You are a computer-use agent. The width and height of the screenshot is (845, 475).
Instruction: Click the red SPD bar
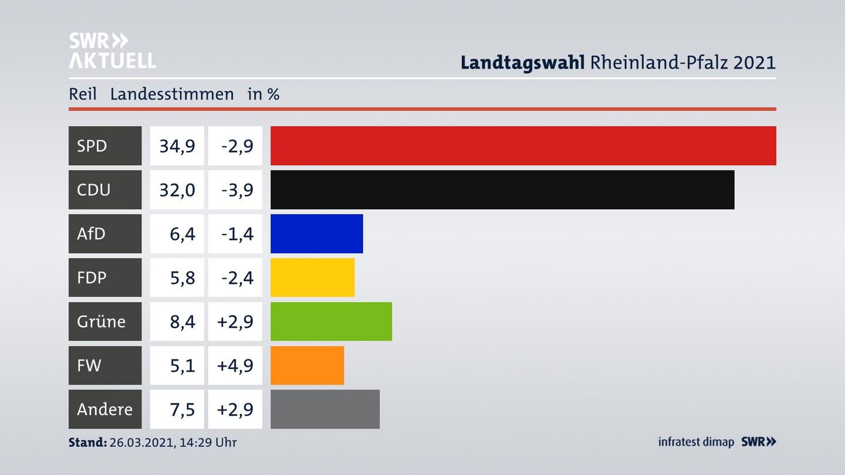point(523,145)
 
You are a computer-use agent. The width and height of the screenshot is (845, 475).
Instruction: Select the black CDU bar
point(502,189)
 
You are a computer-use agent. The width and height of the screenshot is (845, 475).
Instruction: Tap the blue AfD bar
point(316,233)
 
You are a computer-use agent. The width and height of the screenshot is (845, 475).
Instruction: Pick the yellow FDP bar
point(312,277)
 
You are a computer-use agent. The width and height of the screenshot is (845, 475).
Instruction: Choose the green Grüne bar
point(331,321)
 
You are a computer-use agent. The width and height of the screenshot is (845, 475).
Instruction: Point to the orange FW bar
point(307,365)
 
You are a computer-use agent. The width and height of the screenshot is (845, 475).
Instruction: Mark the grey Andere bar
point(325,409)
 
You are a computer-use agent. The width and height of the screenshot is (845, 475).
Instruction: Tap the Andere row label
point(104,409)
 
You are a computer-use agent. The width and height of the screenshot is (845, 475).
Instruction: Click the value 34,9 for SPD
point(177,145)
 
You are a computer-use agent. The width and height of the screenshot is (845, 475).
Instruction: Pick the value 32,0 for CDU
point(177,189)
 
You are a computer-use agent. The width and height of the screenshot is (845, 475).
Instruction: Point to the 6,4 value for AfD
point(182,233)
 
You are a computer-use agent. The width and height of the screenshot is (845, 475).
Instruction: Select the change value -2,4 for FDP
point(237,277)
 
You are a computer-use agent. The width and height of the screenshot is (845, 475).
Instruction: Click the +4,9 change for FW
point(235,365)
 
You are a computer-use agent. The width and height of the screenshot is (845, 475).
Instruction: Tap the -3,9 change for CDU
point(237,189)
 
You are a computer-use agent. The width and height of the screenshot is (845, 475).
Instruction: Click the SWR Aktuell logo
point(112,50)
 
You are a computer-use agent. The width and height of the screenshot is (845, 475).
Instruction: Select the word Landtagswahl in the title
point(522,62)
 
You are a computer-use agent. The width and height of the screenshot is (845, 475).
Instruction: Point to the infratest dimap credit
point(696,442)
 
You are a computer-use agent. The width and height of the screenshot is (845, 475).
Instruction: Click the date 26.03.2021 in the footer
point(141,442)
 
